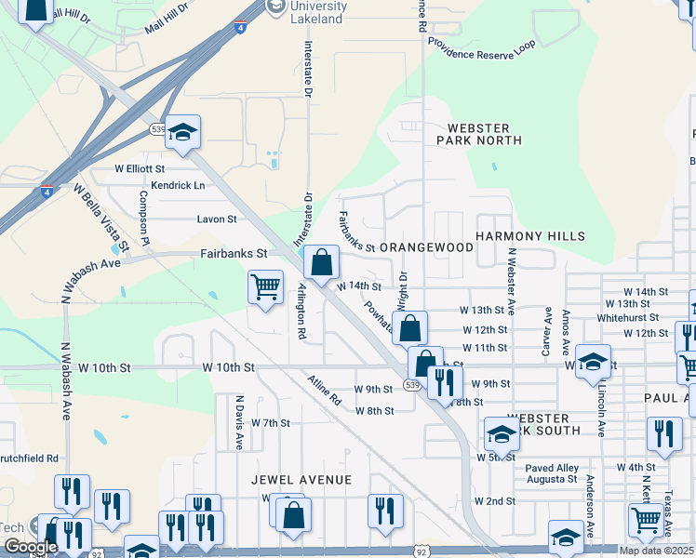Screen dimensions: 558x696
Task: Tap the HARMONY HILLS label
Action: (530, 237)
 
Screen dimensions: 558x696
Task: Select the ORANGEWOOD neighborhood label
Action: (426, 248)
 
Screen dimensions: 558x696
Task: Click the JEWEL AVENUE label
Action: (301, 480)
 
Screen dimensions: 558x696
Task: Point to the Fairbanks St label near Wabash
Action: (234, 253)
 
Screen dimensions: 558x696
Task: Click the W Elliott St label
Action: (140, 169)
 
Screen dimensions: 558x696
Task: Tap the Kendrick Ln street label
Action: (178, 185)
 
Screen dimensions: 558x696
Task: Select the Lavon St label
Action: (217, 219)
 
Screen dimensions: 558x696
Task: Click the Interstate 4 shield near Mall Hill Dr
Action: (241, 28)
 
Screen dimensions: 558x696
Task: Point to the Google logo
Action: (31, 547)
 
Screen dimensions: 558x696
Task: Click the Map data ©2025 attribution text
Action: (657, 551)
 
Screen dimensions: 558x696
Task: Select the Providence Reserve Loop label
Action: (481, 44)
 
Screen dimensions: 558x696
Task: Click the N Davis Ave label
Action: (239, 421)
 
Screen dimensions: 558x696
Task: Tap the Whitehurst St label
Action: (627, 318)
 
